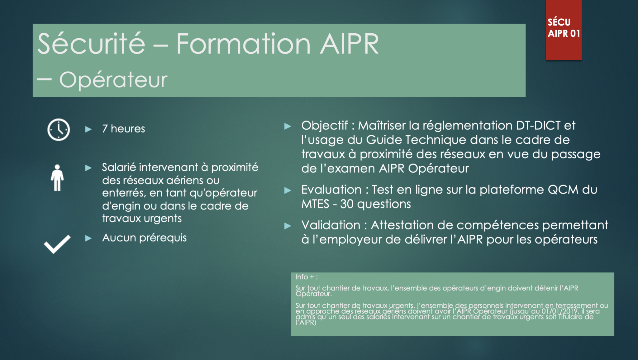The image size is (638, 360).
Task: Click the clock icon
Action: click(59, 130)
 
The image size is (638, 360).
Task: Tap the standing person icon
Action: click(57, 178)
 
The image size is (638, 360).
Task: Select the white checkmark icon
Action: click(57, 244)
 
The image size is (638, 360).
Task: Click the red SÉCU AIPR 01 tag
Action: click(563, 30)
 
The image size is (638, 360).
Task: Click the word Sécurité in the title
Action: click(91, 44)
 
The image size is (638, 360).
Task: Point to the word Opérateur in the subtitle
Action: click(113, 80)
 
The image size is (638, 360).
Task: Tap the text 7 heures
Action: click(123, 129)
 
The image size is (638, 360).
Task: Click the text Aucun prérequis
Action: click(144, 238)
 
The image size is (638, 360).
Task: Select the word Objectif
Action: click(324, 126)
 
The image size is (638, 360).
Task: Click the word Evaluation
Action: click(331, 190)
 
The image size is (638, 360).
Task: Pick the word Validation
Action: click(331, 225)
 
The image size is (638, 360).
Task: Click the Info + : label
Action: click(306, 277)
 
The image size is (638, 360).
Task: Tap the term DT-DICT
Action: click(538, 126)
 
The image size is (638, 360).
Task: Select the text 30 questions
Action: click(375, 204)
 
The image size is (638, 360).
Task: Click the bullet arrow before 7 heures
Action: click(88, 129)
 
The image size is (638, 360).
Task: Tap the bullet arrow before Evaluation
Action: click(288, 190)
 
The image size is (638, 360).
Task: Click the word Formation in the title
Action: click(243, 44)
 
